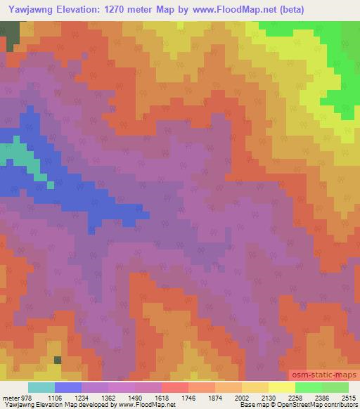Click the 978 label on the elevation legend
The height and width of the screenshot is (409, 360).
[x=23, y=398]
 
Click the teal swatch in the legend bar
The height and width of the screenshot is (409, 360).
[x=41, y=387]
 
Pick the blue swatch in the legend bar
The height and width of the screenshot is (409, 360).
[x=68, y=387]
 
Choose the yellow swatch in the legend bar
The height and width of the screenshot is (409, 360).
[x=281, y=387]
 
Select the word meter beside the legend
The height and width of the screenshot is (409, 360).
[x=9, y=398]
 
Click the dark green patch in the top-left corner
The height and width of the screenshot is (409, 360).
[x=9, y=33]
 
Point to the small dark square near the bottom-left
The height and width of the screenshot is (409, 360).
[x=58, y=361]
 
